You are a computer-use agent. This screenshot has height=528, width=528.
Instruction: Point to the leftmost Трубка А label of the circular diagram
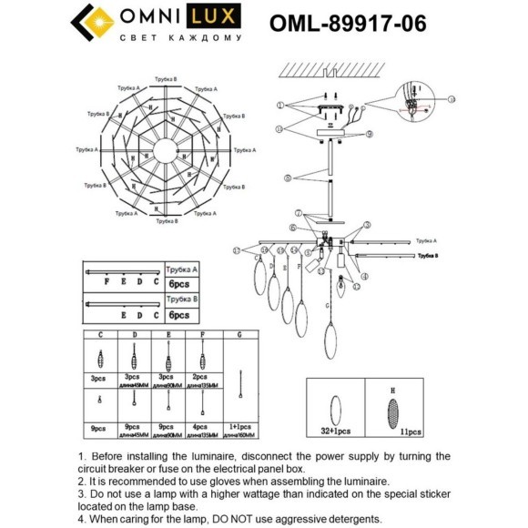pyautogui.click(x=86, y=148)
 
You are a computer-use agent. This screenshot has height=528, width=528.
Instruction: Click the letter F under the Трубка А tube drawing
pyautogui.click(x=108, y=282)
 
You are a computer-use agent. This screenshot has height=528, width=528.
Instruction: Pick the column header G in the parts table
pyautogui.click(x=239, y=336)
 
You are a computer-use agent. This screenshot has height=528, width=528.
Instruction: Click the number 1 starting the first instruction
pyautogui.click(x=82, y=456)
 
